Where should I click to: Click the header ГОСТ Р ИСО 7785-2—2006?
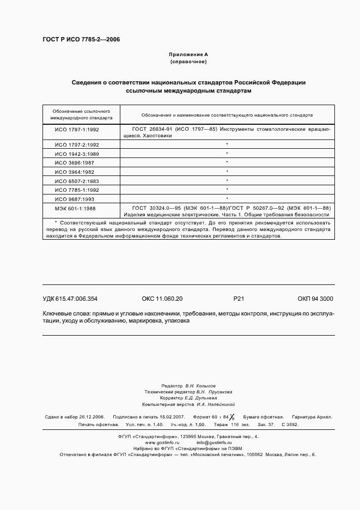81,40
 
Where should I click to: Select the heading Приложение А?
188,54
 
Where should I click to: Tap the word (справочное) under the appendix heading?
188,62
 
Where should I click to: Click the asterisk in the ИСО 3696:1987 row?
227,162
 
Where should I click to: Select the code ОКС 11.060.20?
162,299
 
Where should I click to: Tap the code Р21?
239,299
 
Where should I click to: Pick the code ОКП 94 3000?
315,299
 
